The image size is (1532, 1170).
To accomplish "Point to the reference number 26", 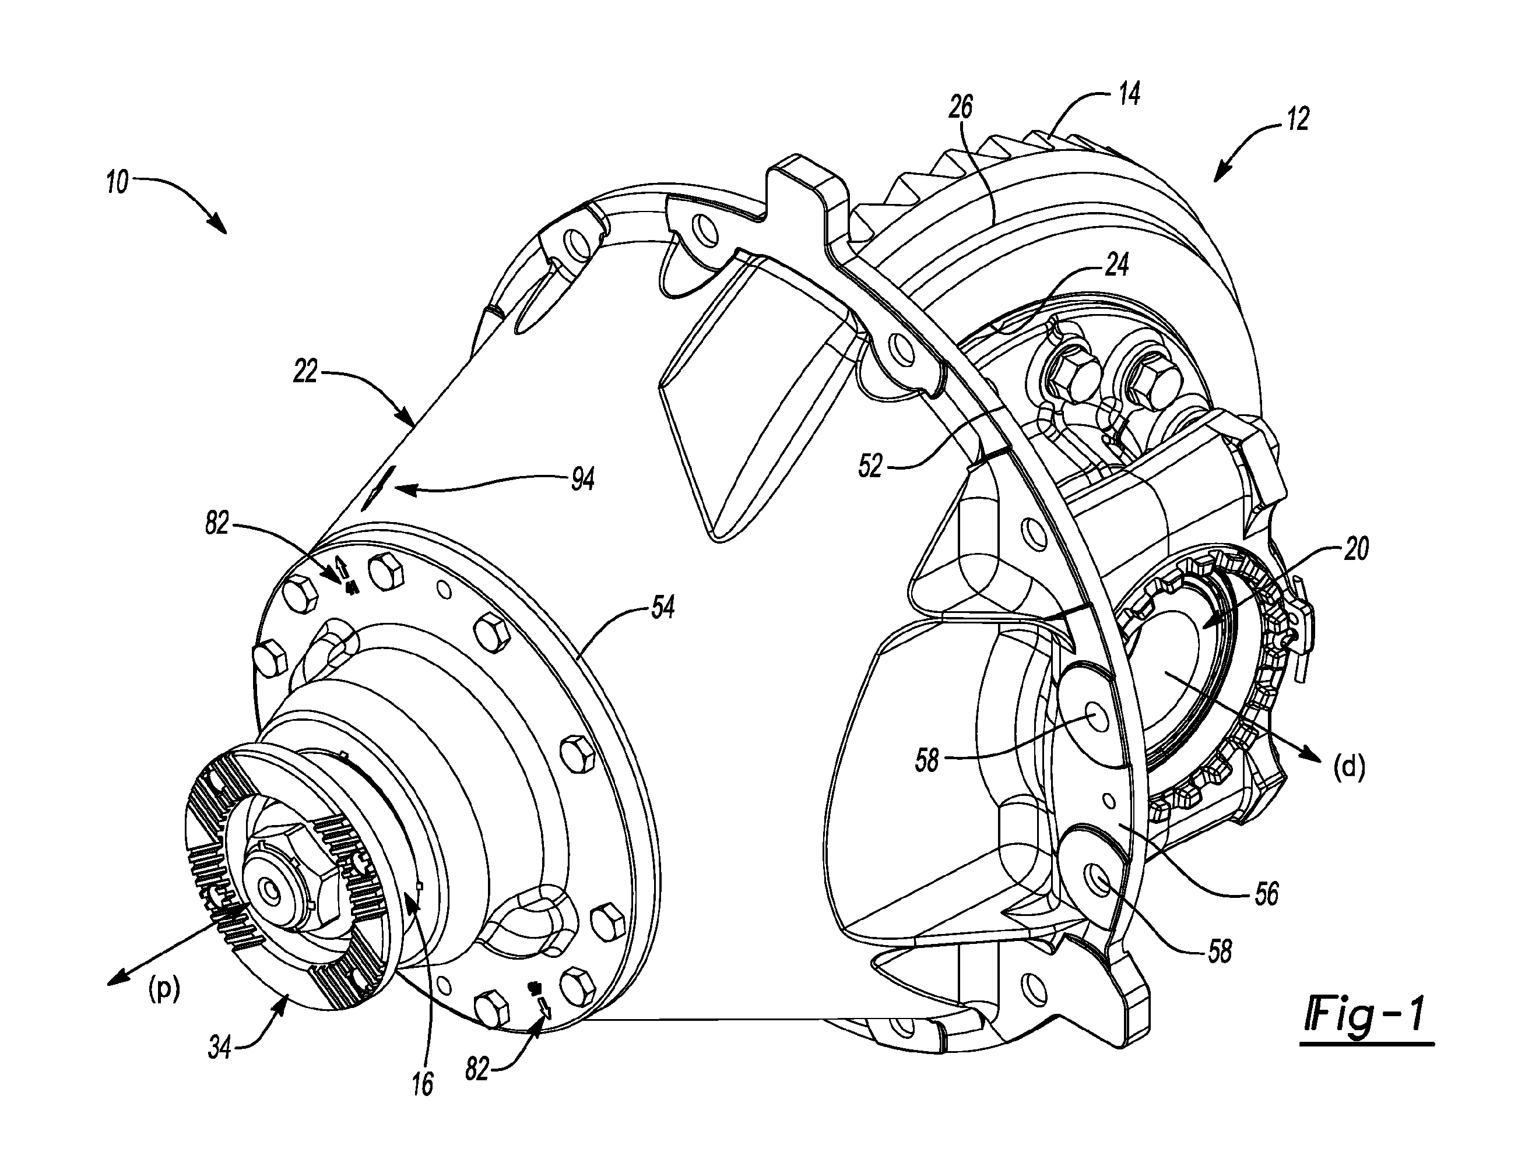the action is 961,108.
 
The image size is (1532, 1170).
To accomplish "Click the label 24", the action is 1117,265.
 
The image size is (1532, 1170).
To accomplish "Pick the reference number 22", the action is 305,372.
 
